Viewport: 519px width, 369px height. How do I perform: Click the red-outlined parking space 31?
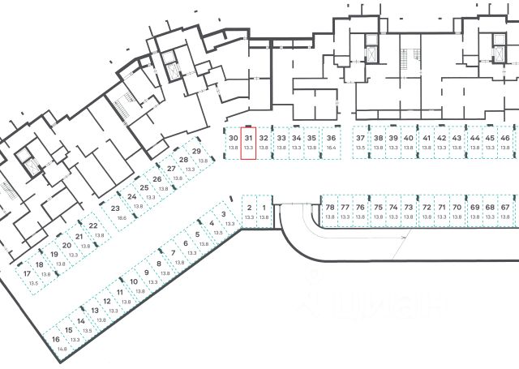[249, 143]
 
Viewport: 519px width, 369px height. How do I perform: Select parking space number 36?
[331, 143]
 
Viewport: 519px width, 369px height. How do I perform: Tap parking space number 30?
[234, 143]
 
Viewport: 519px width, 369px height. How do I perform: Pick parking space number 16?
[56, 343]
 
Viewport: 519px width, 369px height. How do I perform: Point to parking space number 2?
[249, 212]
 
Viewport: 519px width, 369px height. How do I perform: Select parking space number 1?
[264, 212]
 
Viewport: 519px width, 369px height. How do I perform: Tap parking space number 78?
[330, 212]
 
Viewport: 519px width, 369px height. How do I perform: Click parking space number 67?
[505, 212]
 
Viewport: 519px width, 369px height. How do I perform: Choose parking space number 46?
[505, 143]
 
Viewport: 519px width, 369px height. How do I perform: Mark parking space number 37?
[361, 143]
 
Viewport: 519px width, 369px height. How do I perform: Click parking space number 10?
[135, 285]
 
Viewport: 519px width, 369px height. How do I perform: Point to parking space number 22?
[95, 230]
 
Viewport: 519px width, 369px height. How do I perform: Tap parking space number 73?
[409, 212]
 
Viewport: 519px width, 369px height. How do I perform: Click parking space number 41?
[427, 143]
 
